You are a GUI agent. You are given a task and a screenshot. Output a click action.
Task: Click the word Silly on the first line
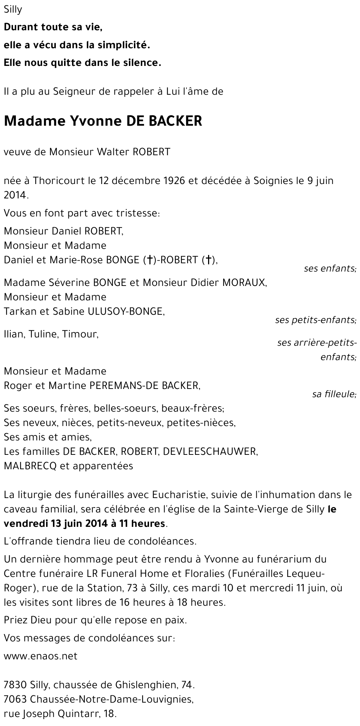(13, 10)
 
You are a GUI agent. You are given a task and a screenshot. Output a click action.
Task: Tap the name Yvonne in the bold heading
(94, 121)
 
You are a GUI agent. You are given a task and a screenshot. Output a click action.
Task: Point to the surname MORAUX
(244, 283)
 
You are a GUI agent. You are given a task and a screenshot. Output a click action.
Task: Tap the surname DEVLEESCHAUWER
(210, 451)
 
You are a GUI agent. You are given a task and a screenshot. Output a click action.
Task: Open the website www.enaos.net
(41, 656)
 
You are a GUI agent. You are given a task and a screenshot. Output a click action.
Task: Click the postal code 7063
(15, 699)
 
